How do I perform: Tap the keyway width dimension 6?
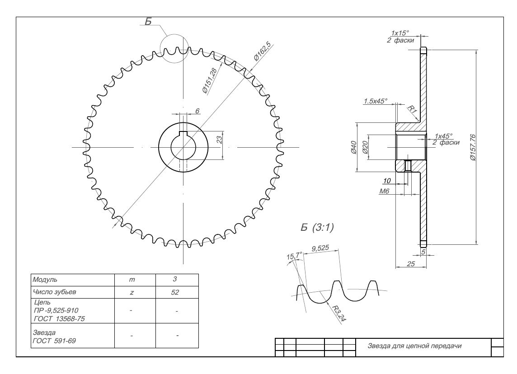pos(197,111)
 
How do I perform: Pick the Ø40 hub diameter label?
pos(353,147)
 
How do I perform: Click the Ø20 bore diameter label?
pos(364,147)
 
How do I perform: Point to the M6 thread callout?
pos(384,192)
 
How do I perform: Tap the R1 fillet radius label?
pos(412,109)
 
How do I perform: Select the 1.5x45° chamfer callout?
pos(375,101)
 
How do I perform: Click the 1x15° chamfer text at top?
pos(399,33)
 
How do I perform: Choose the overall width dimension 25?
pos(410,264)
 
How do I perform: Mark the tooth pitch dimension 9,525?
pos(321,248)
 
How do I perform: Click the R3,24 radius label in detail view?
pos(336,313)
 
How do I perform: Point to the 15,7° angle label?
pos(294,257)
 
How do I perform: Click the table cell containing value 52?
pos(176,292)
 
